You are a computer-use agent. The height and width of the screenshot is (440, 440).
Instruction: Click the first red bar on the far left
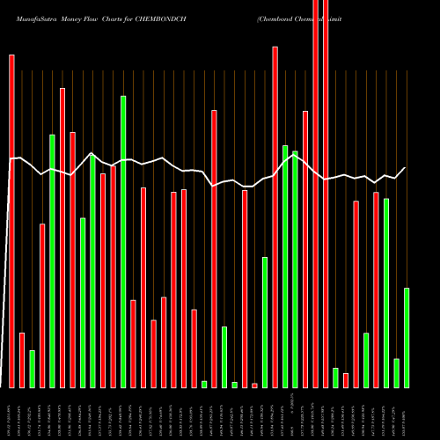11,220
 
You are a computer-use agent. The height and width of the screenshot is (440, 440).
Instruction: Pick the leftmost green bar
32,369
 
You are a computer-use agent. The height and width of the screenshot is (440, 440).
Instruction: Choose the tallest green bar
123,241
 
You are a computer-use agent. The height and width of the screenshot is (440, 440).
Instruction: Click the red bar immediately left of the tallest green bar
113,276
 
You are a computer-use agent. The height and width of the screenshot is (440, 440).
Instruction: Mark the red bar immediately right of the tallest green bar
133,344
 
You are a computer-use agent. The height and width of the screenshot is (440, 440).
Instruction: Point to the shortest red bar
254,385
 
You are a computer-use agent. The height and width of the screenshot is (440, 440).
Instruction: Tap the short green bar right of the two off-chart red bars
335,378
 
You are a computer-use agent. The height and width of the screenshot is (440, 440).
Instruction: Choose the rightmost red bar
376,290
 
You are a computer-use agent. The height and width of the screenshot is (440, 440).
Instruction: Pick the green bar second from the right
396,373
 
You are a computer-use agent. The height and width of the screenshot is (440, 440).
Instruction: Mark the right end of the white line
406,167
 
